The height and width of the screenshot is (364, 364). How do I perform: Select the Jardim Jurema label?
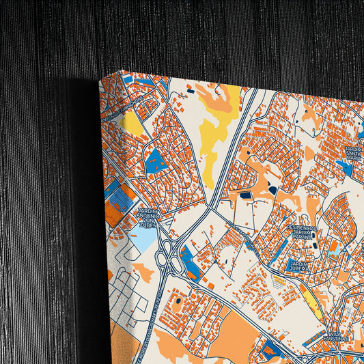[300, 265]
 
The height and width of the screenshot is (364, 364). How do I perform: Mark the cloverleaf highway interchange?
[169, 260]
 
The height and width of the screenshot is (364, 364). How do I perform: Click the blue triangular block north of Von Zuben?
[154, 162]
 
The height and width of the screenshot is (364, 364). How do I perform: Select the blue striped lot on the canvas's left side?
[120, 199]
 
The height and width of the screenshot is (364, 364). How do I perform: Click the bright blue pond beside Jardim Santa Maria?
[348, 168]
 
